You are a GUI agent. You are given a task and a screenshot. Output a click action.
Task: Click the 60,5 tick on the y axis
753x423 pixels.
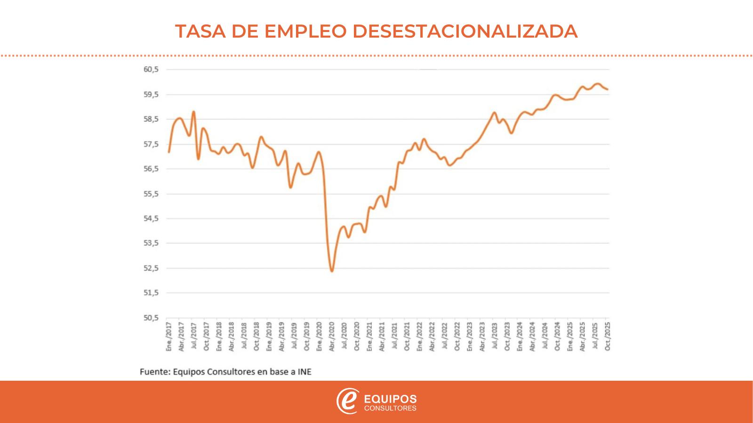pos(151,70)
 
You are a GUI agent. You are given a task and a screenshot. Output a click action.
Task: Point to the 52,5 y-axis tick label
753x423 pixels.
pos(151,268)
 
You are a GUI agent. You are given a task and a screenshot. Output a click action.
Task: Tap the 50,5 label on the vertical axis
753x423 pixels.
pos(151,318)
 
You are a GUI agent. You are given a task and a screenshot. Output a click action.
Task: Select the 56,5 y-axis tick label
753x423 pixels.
pos(151,169)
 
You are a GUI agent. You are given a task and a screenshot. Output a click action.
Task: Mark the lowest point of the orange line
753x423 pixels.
pos(332,271)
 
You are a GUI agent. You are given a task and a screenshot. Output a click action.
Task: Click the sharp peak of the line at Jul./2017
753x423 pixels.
pos(193,112)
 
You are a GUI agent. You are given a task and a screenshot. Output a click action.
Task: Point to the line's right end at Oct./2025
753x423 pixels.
pos(608,89)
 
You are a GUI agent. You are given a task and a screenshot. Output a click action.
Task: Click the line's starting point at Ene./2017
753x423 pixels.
pos(169,152)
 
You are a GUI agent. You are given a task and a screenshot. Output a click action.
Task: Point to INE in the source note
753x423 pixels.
pos(304,372)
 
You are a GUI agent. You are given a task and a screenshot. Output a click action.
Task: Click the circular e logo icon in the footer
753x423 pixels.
pos(348,401)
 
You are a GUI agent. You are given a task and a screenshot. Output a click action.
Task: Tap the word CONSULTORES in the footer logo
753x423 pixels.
pos(391,408)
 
